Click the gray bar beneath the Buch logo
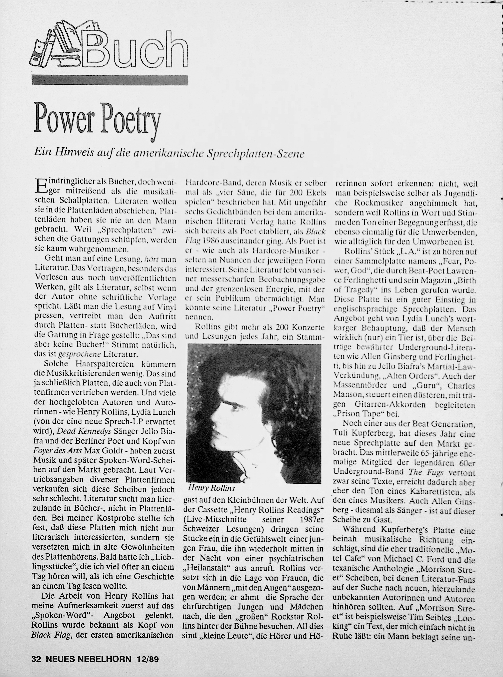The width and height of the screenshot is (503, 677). coord(110,80)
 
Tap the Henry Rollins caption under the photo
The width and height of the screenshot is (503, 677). coord(211,488)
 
